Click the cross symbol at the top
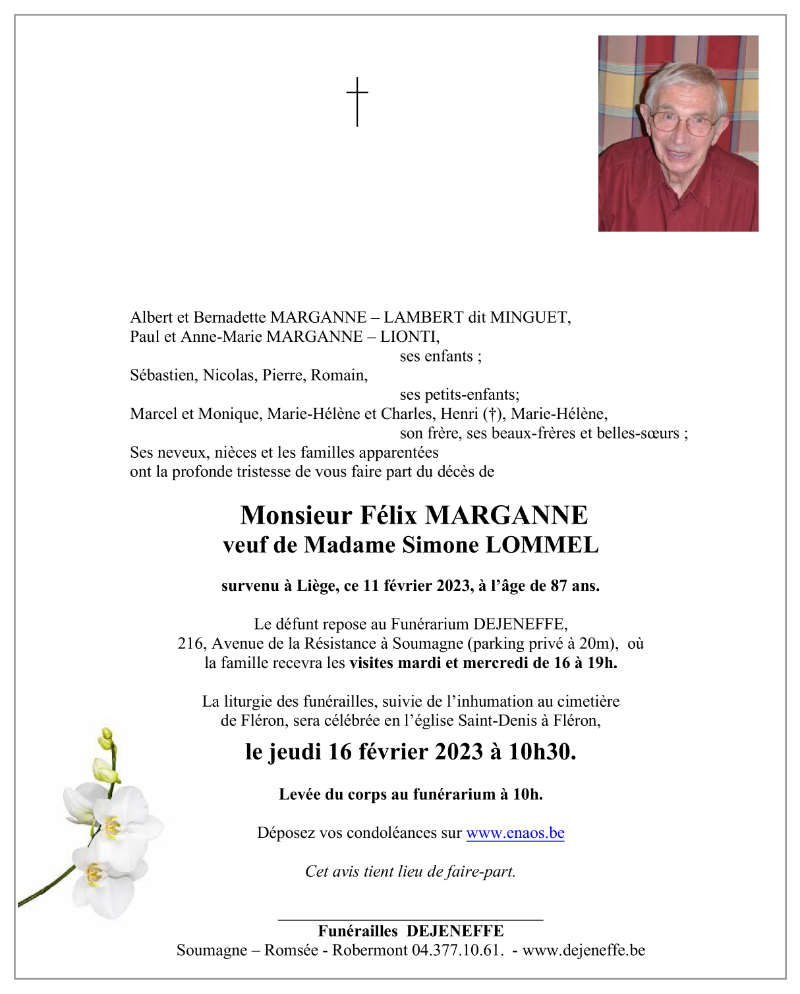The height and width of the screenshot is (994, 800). tap(357, 101)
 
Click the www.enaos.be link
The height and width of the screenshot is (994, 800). tap(515, 833)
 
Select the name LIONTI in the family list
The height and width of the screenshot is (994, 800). tap(409, 337)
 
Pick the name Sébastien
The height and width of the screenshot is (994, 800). tap(163, 375)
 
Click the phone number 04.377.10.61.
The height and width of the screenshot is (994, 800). tap(457, 951)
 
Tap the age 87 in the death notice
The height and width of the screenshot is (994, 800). tap(559, 586)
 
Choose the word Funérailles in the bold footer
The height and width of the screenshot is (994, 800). tap(358, 931)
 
